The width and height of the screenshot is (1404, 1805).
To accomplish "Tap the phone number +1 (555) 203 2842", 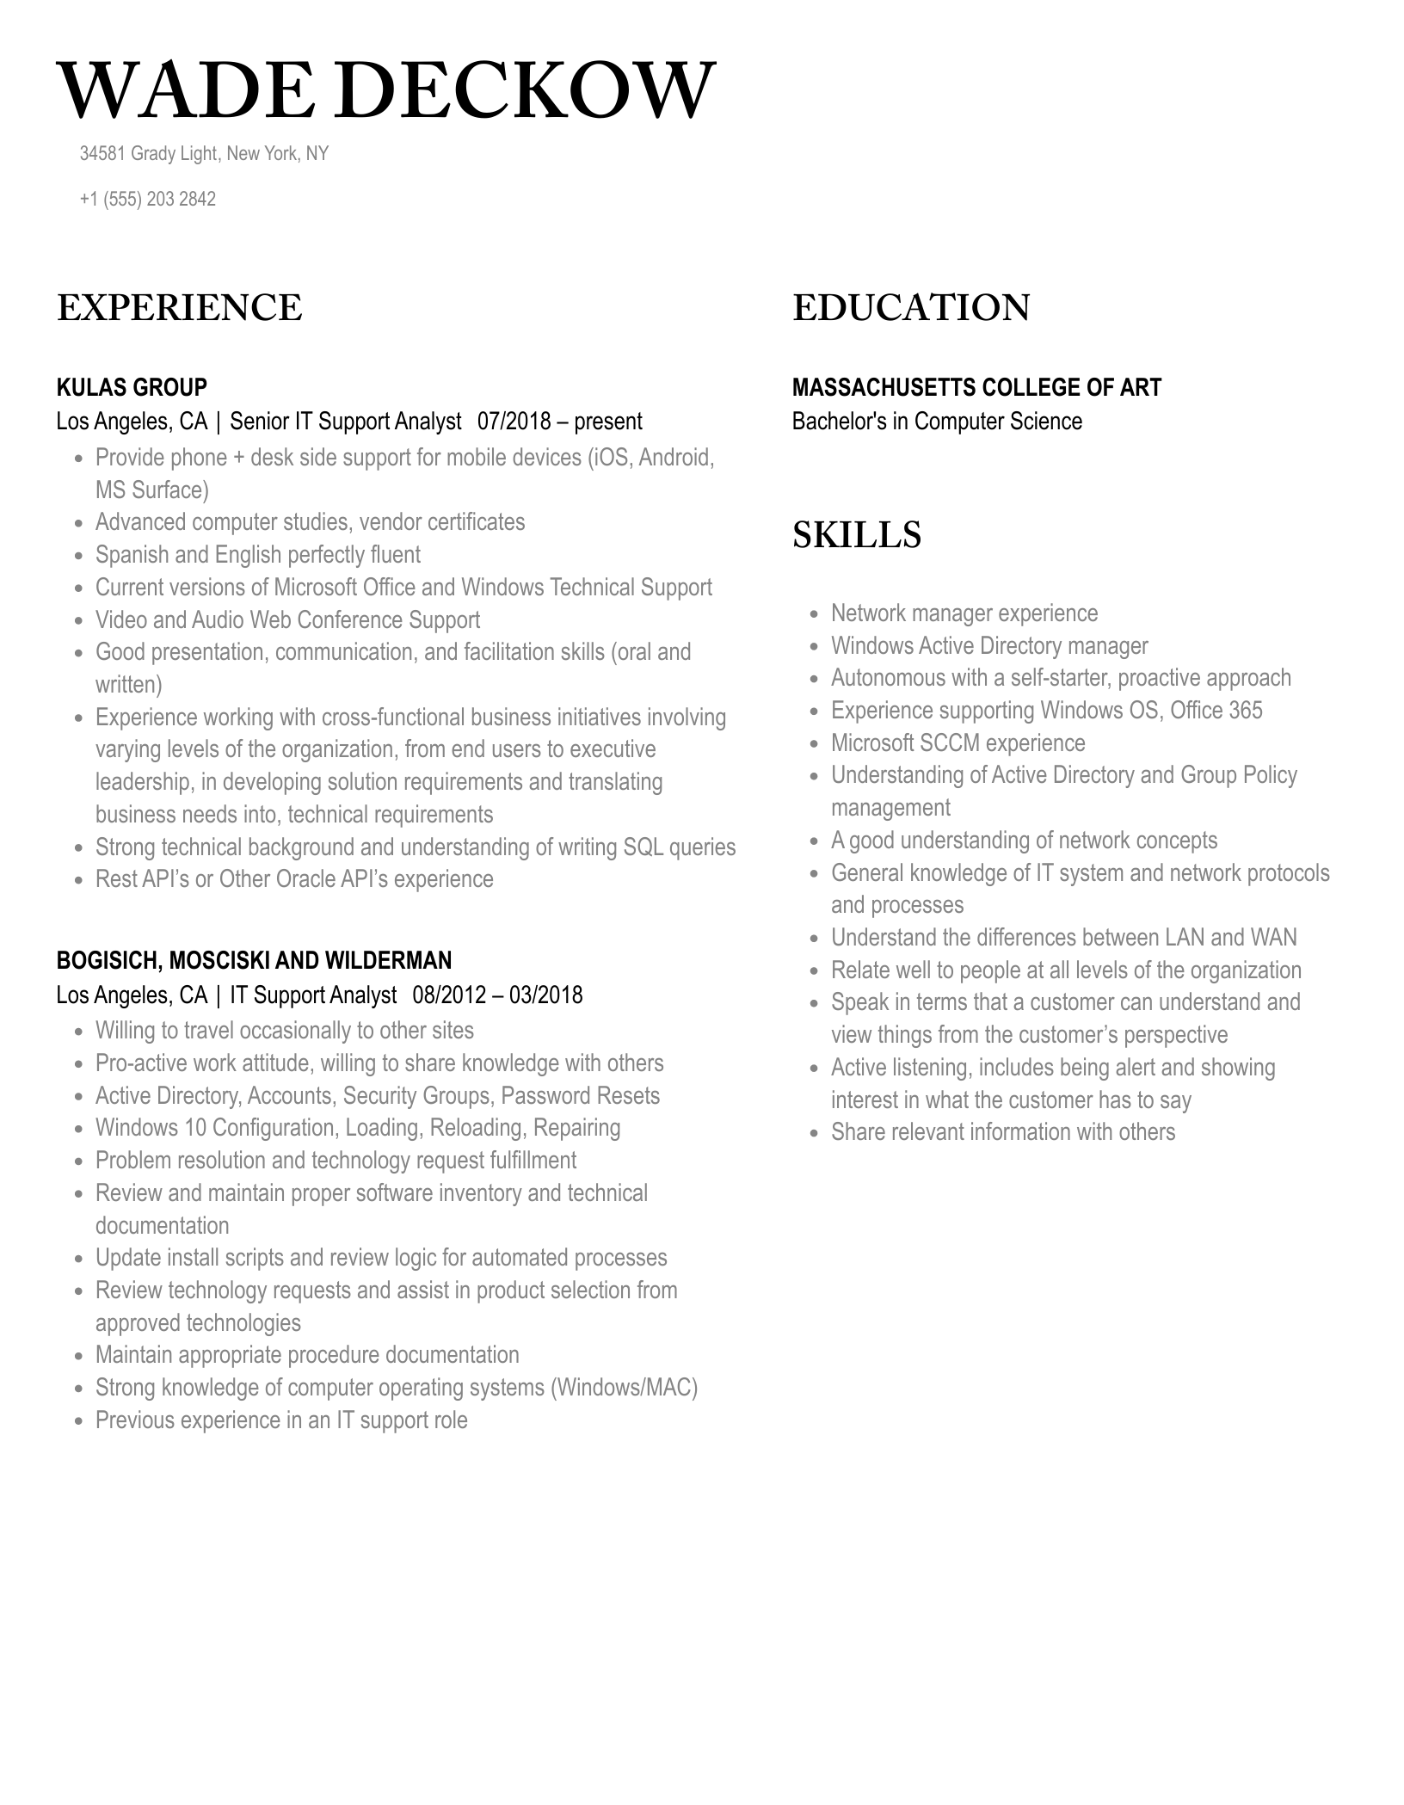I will (147, 199).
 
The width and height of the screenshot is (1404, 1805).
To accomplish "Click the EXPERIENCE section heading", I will (179, 308).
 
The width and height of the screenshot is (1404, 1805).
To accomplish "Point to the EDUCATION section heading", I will (910, 308).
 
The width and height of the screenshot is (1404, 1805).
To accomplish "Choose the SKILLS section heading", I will (856, 535).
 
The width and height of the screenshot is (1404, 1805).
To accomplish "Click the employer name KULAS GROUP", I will (132, 387).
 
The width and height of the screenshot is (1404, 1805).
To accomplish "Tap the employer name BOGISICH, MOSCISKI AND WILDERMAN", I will (254, 960).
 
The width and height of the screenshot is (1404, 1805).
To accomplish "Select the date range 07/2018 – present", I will (559, 422).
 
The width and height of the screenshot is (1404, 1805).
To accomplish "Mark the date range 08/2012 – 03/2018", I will (497, 995).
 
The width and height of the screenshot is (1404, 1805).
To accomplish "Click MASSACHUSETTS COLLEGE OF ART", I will (976, 387).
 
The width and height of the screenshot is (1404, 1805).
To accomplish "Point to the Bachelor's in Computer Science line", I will (937, 422).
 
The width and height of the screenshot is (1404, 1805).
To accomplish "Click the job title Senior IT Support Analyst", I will (346, 422).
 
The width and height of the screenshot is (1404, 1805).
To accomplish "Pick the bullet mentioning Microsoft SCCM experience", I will (958, 743).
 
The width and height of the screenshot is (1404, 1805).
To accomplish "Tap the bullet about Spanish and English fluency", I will (258, 555).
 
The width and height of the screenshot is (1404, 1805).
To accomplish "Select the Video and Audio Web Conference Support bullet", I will (287, 620).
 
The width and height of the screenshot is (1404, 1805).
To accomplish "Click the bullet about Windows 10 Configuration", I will (358, 1128).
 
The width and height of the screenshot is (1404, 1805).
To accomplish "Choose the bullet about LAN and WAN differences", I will (1063, 938).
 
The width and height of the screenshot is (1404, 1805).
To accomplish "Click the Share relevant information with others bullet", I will (1002, 1132).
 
